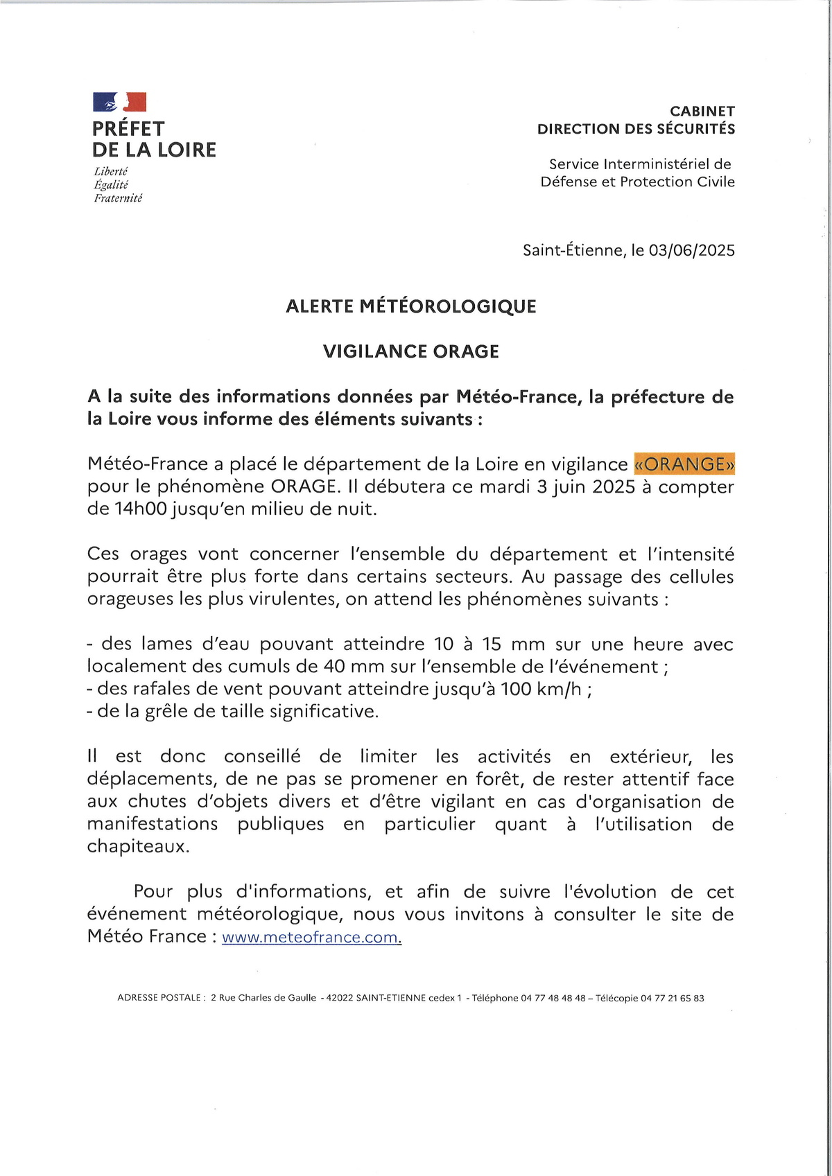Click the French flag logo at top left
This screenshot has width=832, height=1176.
119,102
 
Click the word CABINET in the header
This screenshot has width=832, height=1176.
702,111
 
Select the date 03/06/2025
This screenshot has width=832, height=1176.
691,250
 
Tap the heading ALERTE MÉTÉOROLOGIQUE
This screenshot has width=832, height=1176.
411,306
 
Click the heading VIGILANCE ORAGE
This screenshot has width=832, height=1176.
411,351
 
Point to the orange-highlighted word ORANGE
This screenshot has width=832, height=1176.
684,464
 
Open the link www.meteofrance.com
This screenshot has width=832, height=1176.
311,937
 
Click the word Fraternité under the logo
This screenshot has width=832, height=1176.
118,198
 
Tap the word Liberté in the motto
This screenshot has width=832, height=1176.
111,171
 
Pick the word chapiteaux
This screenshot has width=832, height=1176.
137,846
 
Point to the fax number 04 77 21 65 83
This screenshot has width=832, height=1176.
672,998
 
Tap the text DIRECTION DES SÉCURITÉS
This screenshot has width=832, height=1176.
636,129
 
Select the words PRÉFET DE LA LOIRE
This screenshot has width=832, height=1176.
154,139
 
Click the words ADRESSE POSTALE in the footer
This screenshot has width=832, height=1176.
160,998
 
